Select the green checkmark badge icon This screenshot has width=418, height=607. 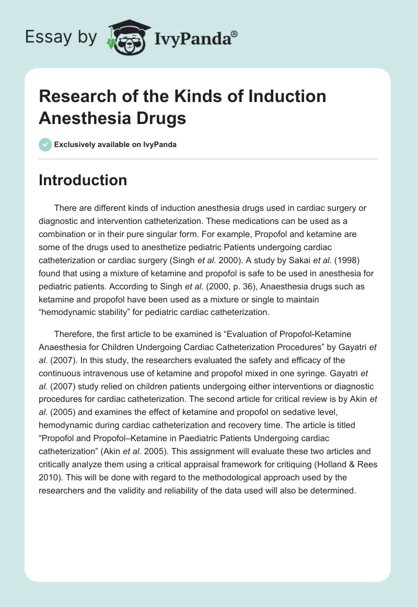pyautogui.click(x=45, y=144)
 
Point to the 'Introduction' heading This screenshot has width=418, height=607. pyautogui.click(x=83, y=180)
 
